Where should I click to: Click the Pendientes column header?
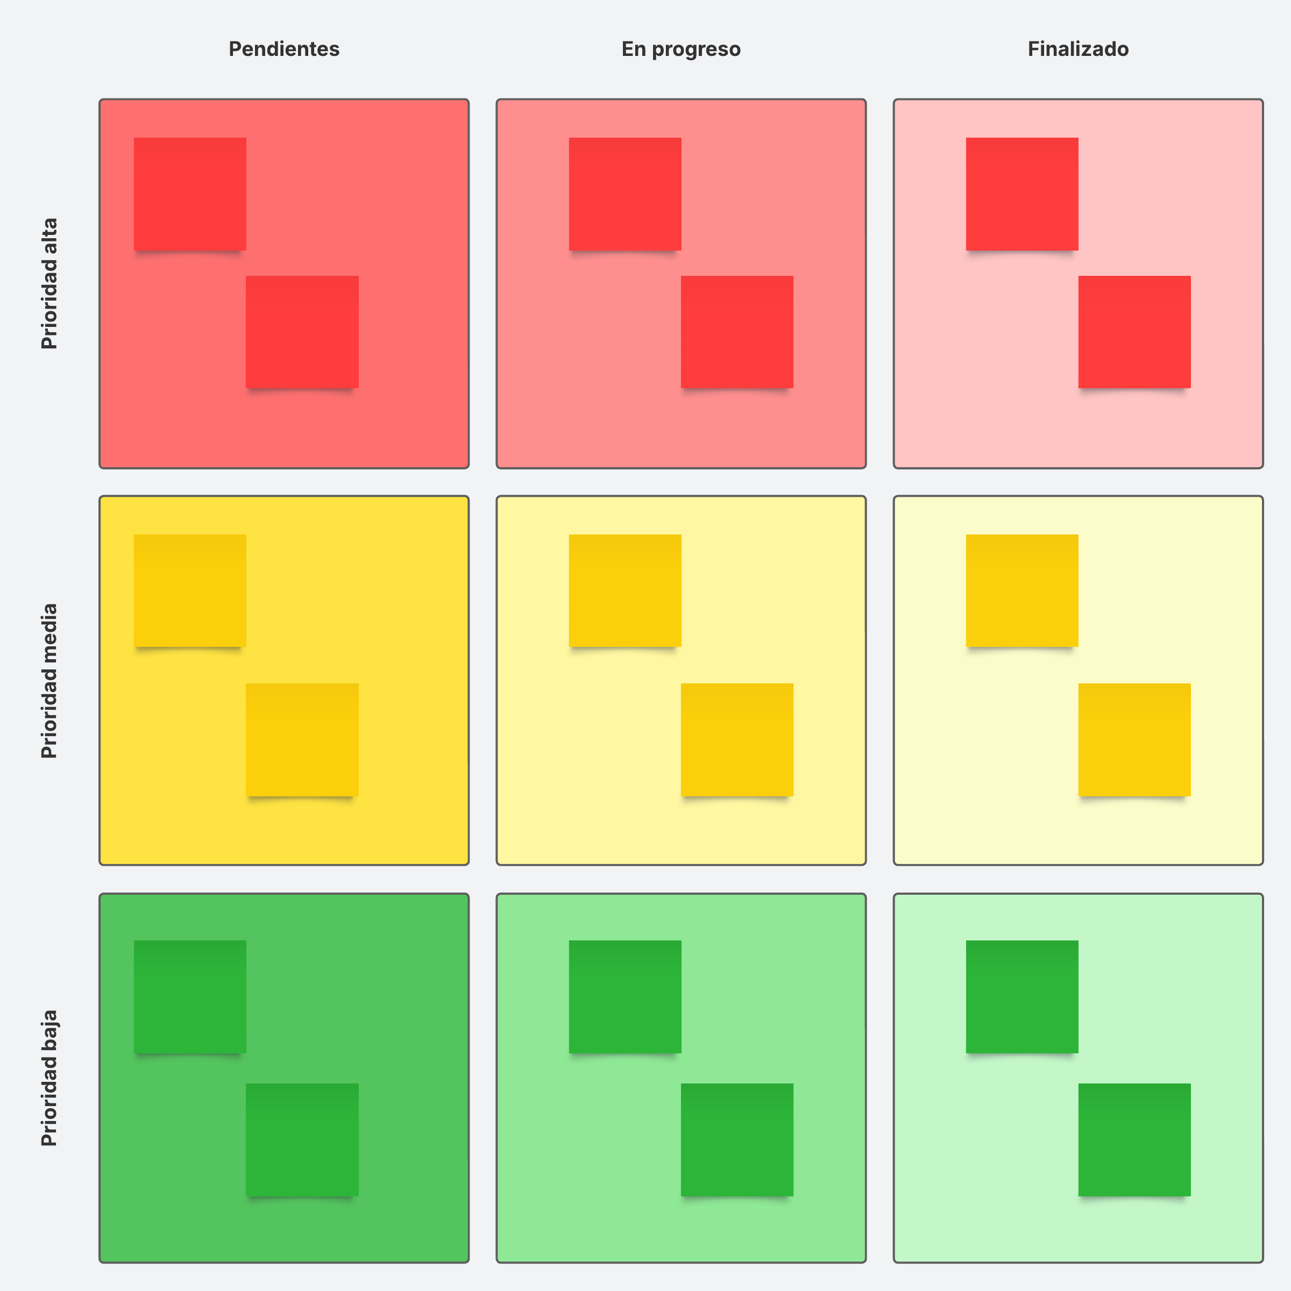(283, 49)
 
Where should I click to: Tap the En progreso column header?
(680, 49)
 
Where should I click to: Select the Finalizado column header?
(1078, 49)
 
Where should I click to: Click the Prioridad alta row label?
(49, 283)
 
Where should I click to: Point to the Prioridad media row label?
(49, 680)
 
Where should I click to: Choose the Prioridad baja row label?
(49, 1078)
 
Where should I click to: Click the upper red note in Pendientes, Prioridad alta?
(190, 194)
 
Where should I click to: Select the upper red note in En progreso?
(625, 194)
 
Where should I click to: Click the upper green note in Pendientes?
(190, 996)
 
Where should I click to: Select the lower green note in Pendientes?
(302, 1139)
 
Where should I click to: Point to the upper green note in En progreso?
(625, 996)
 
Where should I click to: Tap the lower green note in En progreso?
(737, 1139)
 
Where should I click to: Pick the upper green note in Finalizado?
(1022, 996)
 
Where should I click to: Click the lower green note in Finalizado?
(1134, 1139)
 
